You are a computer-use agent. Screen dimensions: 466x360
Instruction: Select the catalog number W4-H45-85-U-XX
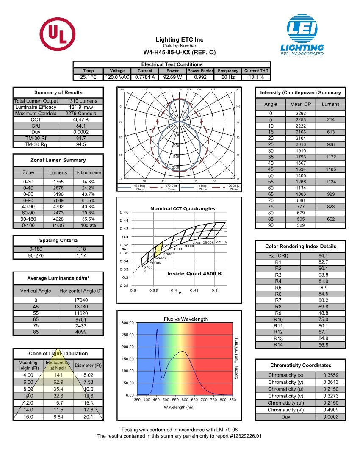point(180,53)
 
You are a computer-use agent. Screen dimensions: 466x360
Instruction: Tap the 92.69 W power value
point(172,77)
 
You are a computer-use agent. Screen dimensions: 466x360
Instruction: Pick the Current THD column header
point(256,71)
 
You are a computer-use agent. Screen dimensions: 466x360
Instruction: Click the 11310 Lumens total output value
point(81,101)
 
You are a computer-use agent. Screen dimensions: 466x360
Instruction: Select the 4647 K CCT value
point(81,119)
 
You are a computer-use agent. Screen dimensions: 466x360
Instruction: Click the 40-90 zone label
point(28,207)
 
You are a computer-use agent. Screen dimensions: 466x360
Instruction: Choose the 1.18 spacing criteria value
point(81,250)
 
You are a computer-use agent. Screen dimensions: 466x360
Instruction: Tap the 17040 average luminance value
point(81,300)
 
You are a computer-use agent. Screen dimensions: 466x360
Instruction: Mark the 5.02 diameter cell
point(88,375)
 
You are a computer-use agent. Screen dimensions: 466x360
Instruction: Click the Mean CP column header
point(301,104)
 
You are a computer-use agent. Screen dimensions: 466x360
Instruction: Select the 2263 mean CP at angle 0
point(301,114)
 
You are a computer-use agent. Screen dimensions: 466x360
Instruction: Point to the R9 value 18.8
point(323,313)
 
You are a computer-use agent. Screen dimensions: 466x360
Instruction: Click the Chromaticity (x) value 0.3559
point(331,375)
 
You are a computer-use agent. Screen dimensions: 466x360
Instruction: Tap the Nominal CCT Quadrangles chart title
point(183,208)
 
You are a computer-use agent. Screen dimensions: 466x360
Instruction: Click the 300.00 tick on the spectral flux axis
point(127,323)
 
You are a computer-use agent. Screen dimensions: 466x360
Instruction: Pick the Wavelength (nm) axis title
point(180,408)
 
